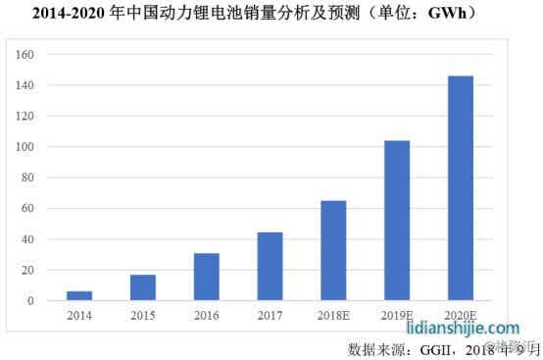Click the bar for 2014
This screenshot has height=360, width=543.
[x=79, y=295]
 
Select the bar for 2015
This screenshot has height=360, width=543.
[x=143, y=287]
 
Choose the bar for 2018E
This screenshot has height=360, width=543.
[x=333, y=250]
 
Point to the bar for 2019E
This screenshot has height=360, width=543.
[x=397, y=220]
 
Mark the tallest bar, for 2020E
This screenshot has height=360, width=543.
[x=460, y=187]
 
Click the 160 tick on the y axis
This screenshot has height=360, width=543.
[x=26, y=55]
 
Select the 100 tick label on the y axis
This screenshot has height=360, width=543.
[x=26, y=147]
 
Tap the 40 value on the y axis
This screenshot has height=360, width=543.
[x=29, y=239]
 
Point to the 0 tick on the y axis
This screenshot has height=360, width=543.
[x=32, y=301]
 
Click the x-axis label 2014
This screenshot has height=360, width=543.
[x=79, y=317]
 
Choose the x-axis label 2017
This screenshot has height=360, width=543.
[x=270, y=317]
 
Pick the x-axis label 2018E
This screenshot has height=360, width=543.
[x=333, y=317]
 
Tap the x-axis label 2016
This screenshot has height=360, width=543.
[x=207, y=317]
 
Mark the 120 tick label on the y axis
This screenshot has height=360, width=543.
[x=26, y=117]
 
